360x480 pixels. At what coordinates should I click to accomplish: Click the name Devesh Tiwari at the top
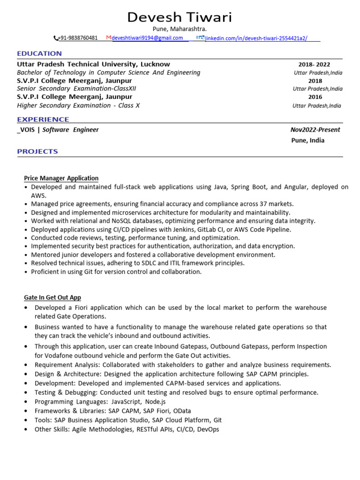pyautogui.click(x=180, y=17)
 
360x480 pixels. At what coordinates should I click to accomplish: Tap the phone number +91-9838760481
pyautogui.click(x=77, y=38)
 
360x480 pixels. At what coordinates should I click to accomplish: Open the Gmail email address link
pyautogui.click(x=147, y=38)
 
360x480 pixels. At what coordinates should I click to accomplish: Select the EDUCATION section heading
pyautogui.click(x=39, y=53)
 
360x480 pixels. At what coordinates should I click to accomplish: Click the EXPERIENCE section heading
pyautogui.click(x=43, y=120)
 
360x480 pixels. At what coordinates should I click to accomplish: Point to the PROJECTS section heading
pyautogui.click(x=37, y=151)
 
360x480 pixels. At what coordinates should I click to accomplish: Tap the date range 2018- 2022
pyautogui.click(x=315, y=65)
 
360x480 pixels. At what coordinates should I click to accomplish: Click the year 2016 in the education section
pyautogui.click(x=315, y=97)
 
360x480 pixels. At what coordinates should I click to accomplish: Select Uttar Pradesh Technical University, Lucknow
pyautogui.click(x=93, y=64)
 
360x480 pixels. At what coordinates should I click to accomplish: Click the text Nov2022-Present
pyautogui.click(x=315, y=130)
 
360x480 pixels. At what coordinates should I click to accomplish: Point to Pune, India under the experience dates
pyautogui.click(x=307, y=140)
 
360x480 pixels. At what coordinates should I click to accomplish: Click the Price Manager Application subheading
pyautogui.click(x=61, y=178)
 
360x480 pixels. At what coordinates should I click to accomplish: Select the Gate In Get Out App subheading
pyautogui.click(x=52, y=297)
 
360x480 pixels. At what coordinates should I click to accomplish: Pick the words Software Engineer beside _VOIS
pyautogui.click(x=71, y=130)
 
